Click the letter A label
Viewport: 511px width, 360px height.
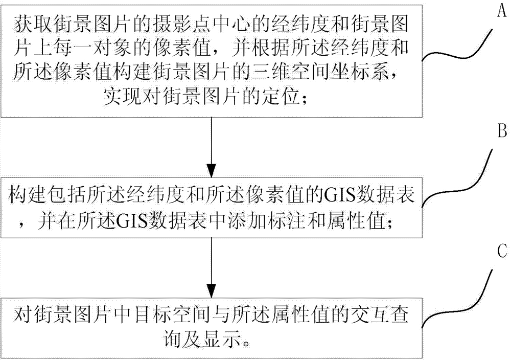[502, 12]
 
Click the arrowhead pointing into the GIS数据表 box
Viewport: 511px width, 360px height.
[212, 170]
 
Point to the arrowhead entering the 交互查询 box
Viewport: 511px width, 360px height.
[212, 290]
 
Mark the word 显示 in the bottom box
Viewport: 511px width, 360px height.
[223, 341]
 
